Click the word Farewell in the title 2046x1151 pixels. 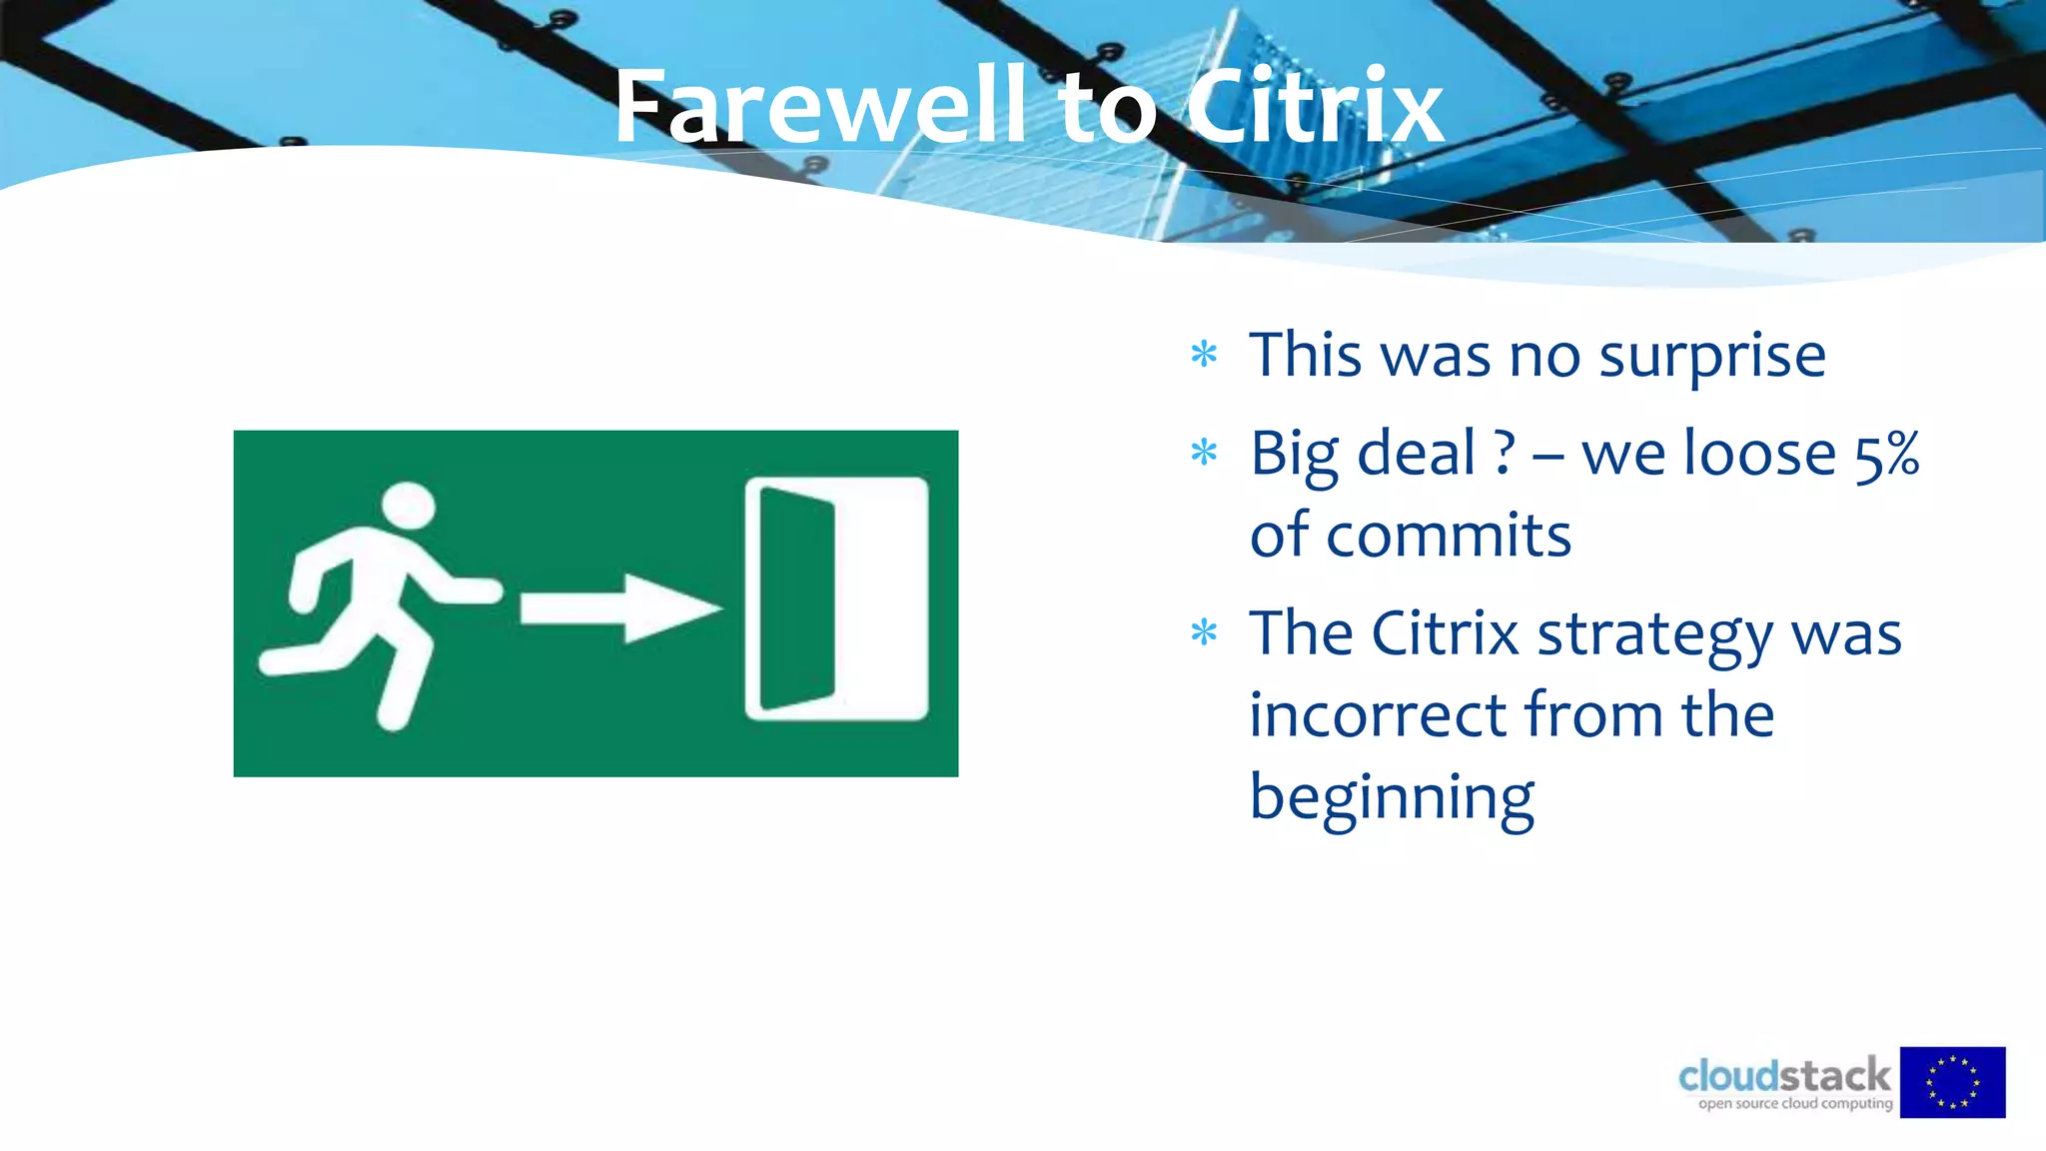coord(819,107)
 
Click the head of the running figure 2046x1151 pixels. coord(409,507)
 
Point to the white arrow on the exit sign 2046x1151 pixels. coord(619,607)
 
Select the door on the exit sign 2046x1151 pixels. coord(837,598)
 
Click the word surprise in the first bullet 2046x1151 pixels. coord(1712,357)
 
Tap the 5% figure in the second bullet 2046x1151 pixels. coord(1886,455)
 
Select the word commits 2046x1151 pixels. coord(1448,537)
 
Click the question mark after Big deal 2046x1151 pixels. coord(1505,455)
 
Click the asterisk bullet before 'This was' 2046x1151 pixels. coord(1204,354)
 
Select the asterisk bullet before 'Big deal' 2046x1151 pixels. coord(1204,453)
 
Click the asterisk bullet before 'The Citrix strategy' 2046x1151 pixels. coord(1204,632)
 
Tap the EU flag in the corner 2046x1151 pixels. coord(1952,1082)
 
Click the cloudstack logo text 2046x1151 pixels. coord(1784,1076)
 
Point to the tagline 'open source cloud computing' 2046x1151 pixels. coord(1795,1104)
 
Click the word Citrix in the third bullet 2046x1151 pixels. coord(1445,634)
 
